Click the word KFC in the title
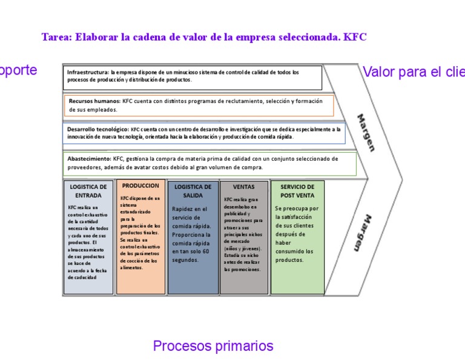[355, 37]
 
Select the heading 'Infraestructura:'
[88, 72]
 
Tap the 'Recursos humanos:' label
[94, 101]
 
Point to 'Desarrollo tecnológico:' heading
[97, 129]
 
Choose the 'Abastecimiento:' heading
[88, 158]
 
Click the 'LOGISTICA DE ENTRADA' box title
[88, 192]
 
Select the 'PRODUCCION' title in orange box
[140, 186]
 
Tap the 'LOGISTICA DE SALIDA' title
[193, 192]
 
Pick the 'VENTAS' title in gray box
[243, 187]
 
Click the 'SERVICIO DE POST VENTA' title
[297, 192]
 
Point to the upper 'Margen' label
[365, 132]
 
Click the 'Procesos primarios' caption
[213, 346]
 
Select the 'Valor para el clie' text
[413, 72]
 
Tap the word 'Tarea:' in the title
[56, 37]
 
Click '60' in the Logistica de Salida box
[206, 252]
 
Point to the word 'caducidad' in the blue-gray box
[82, 277]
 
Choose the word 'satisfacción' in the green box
[294, 217]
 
